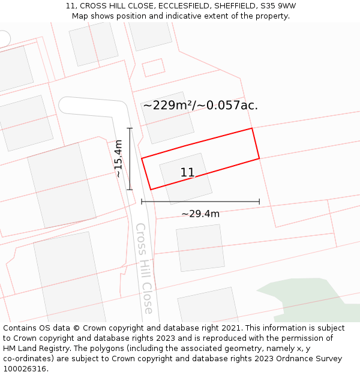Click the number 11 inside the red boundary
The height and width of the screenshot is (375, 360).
pos(187,173)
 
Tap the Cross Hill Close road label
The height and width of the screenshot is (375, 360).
pos(144,268)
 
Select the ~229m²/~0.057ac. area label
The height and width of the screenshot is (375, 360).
pos(200,106)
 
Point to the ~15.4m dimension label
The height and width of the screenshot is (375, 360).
pos(119,158)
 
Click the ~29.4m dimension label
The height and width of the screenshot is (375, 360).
pos(200,214)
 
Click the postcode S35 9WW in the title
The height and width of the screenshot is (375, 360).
pos(278,6)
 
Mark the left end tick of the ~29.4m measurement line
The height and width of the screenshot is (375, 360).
pos(142,202)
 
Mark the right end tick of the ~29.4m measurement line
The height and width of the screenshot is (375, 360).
pos(259,202)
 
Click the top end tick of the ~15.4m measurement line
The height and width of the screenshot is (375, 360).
pos(130,128)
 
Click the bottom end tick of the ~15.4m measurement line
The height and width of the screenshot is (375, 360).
pos(130,190)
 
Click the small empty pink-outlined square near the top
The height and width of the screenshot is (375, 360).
pos(153,67)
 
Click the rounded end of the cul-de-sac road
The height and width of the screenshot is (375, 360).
pos(65,105)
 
